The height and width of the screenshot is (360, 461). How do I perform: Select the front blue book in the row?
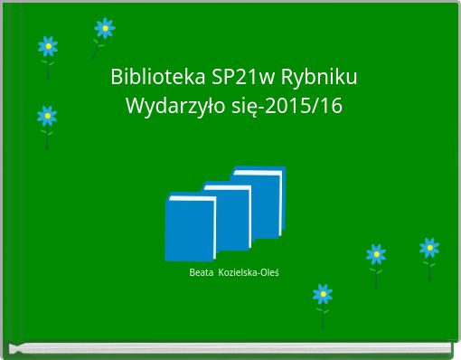[x=190, y=231]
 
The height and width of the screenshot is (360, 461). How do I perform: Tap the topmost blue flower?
[x=104, y=28]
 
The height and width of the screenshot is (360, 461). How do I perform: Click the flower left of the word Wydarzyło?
[x=47, y=116]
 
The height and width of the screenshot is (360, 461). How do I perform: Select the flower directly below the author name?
[x=323, y=294]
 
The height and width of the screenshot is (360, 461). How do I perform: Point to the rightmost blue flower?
[x=429, y=247]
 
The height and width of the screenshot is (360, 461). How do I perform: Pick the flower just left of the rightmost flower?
[x=376, y=253]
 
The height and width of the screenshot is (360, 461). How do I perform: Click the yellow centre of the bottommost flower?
[x=323, y=294]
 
